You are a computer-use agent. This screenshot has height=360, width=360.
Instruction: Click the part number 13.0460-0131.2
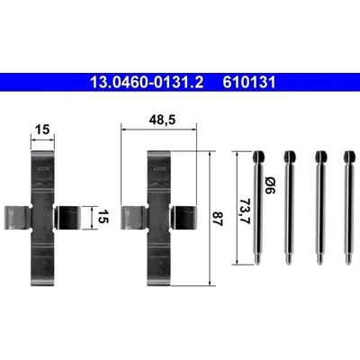click(x=147, y=82)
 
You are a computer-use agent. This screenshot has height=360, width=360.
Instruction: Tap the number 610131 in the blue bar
click(x=249, y=82)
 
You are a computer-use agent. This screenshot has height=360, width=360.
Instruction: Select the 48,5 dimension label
click(x=162, y=121)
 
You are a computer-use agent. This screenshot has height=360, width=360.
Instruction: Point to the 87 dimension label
click(x=218, y=219)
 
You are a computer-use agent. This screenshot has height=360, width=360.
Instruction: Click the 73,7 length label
click(x=246, y=211)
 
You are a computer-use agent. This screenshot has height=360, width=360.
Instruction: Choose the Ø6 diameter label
click(x=270, y=185)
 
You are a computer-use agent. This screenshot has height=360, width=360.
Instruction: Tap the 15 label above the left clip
click(x=42, y=130)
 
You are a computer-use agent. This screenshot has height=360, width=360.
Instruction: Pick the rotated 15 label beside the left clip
click(x=103, y=217)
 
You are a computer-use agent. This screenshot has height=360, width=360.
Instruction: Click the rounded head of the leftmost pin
click(x=258, y=157)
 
